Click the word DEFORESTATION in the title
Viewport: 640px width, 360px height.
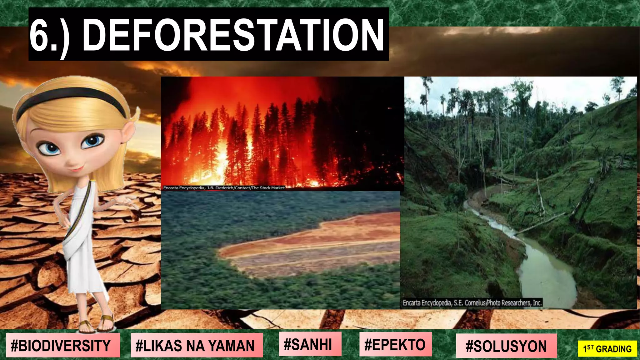pyautogui.click(x=233, y=35)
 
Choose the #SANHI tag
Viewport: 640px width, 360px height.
pyautogui.click(x=308, y=344)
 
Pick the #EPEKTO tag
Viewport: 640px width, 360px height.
pyautogui.click(x=395, y=344)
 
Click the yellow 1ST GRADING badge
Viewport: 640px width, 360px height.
pyautogui.click(x=607, y=348)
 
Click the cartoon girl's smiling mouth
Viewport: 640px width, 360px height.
pyautogui.click(x=77, y=169)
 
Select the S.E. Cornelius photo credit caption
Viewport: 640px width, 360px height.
pyautogui.click(x=472, y=302)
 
